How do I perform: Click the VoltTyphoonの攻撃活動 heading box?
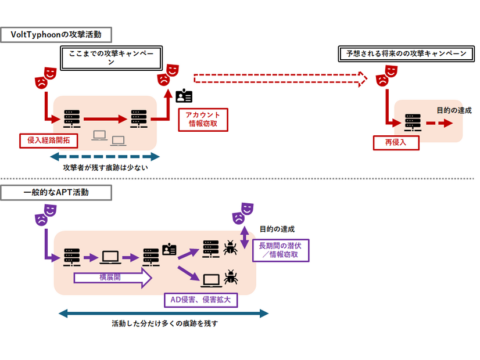tap(56, 35)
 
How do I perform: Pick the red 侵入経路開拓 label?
tap(49, 140)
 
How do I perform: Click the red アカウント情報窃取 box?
tap(203, 118)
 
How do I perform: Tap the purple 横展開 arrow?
tap(112, 278)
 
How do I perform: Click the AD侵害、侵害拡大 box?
tap(202, 300)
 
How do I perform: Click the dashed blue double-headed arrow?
tap(105, 156)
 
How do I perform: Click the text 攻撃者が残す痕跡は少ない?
tap(105, 168)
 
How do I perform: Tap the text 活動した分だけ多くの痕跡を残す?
tap(164, 324)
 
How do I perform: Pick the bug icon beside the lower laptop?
tap(231, 276)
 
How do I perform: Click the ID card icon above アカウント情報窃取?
tap(184, 95)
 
